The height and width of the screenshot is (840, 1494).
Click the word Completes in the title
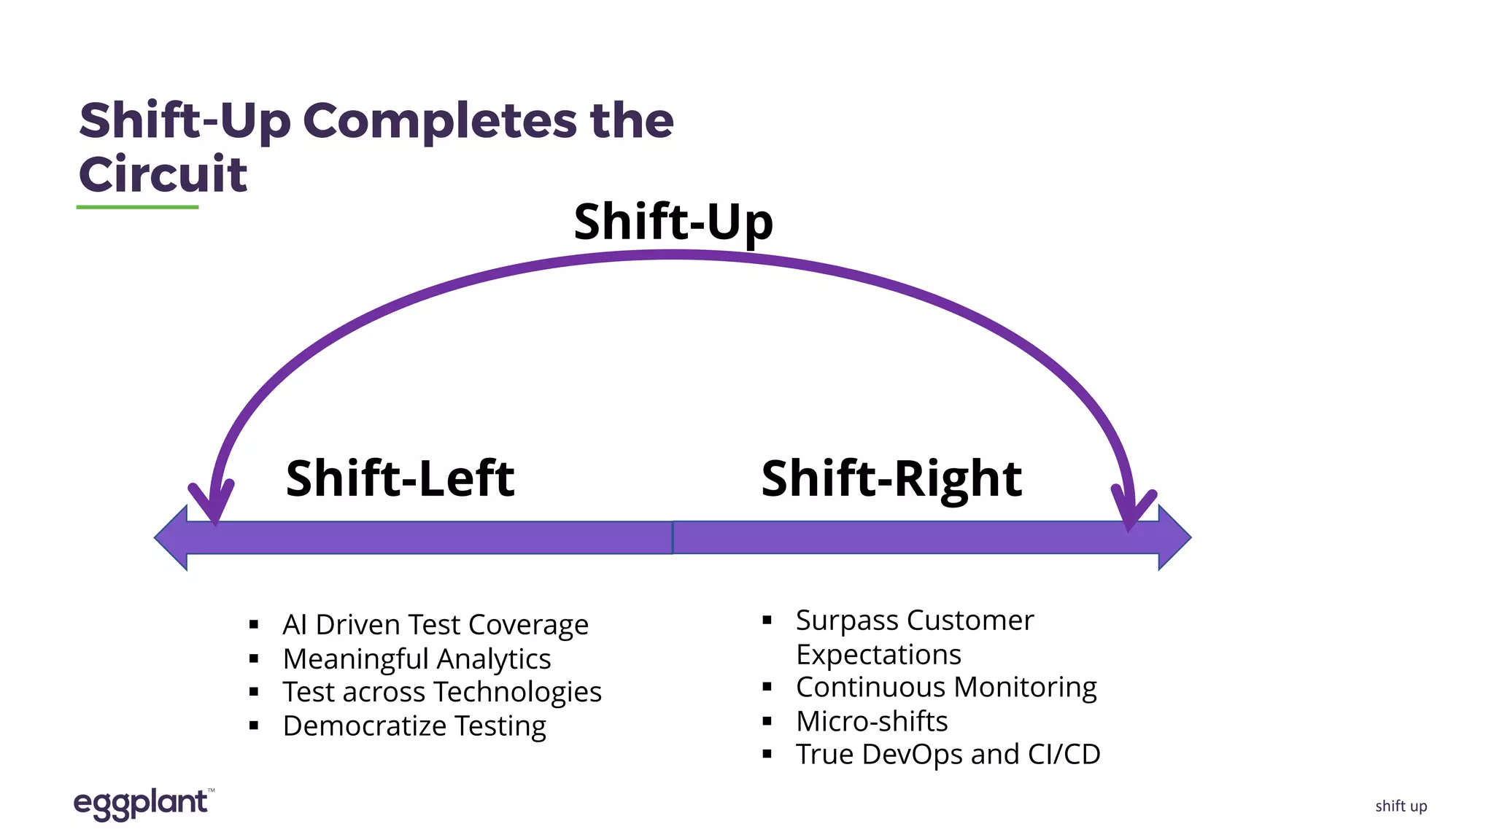(439, 121)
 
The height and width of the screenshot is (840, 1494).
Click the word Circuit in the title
(163, 175)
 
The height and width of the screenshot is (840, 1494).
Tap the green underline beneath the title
(137, 207)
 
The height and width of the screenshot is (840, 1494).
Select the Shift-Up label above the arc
(673, 222)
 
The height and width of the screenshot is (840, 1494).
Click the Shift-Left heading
(400, 479)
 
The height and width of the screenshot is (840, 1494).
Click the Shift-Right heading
(891, 479)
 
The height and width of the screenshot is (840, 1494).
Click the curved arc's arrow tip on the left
(214, 510)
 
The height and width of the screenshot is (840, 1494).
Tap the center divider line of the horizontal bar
(672, 537)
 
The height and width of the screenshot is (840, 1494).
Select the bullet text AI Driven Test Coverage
(436, 625)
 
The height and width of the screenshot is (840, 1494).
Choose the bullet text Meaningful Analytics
(417, 659)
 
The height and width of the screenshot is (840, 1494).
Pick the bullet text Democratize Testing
(414, 726)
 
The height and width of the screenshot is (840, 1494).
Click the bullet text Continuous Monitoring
(946, 688)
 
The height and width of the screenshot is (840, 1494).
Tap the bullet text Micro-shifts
(872, 721)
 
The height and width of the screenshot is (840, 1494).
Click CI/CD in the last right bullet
(1064, 755)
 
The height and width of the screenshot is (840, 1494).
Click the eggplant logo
(142, 804)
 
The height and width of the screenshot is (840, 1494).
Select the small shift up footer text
(1401, 806)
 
